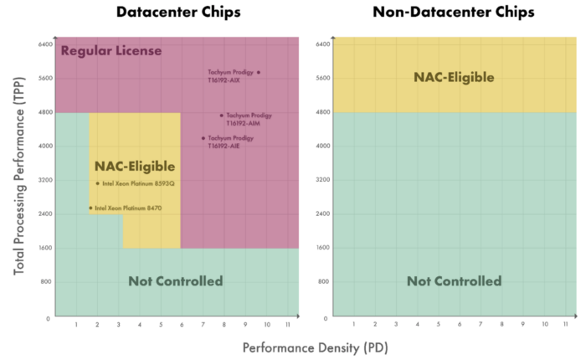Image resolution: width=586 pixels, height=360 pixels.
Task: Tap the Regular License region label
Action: pyautogui.click(x=111, y=51)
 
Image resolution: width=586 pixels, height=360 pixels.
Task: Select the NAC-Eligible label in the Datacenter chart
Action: pyautogui.click(x=134, y=166)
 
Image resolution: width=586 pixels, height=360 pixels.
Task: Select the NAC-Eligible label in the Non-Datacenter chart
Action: pyautogui.click(x=454, y=78)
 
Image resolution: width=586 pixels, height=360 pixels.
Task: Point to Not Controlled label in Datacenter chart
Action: pyautogui.click(x=175, y=281)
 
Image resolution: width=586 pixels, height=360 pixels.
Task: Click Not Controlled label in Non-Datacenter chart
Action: pyautogui.click(x=454, y=281)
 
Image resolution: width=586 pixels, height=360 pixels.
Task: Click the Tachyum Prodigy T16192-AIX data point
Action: pyautogui.click(x=259, y=73)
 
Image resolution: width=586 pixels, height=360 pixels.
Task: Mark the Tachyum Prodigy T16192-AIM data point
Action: pyautogui.click(x=222, y=116)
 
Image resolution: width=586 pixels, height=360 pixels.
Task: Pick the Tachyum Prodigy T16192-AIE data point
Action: pyautogui.click(x=203, y=138)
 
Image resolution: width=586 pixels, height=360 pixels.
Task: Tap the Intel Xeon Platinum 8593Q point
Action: pyautogui.click(x=98, y=183)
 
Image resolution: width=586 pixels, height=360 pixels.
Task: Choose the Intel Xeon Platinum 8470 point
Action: pyautogui.click(x=90, y=208)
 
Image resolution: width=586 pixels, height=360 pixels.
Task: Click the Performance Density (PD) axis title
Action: pyautogui.click(x=316, y=347)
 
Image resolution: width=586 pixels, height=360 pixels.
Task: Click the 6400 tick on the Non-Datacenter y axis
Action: pyautogui.click(x=322, y=44)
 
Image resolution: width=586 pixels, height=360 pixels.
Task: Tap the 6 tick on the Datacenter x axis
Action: pyautogui.click(x=182, y=324)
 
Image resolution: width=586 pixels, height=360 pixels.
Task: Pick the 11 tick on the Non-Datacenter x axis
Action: pyautogui.click(x=565, y=324)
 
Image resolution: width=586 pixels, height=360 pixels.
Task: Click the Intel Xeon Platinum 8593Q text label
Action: pyautogui.click(x=138, y=183)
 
